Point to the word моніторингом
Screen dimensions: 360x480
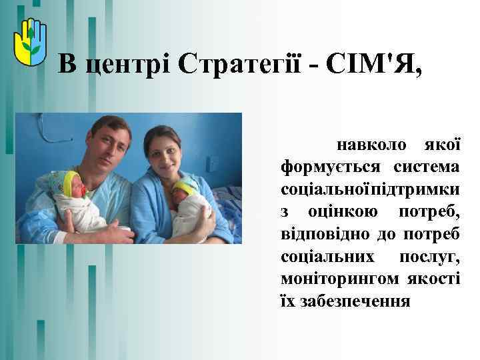[x=339, y=279]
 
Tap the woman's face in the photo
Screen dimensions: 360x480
[x=164, y=152]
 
